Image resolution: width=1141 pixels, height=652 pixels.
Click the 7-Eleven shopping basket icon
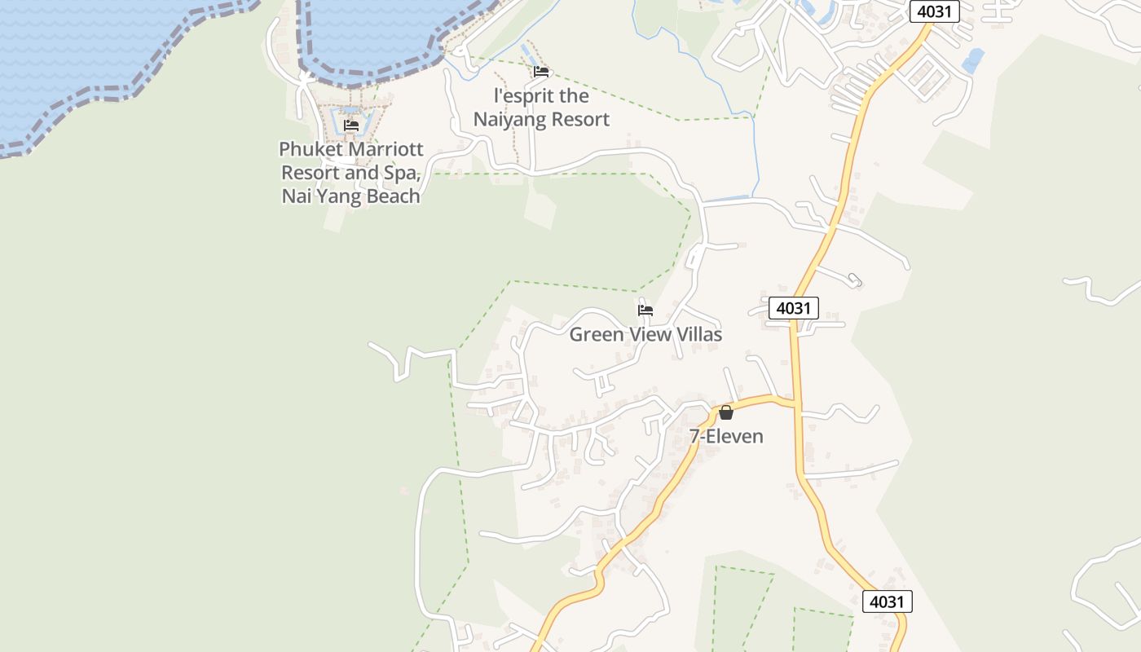click(726, 412)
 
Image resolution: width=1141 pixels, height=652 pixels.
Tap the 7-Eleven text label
click(726, 436)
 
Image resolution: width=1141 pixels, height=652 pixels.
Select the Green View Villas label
click(645, 334)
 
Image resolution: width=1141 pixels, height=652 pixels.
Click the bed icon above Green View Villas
click(645, 310)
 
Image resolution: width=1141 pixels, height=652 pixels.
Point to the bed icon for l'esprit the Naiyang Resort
click(541, 72)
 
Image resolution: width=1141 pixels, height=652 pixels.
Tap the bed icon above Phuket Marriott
click(351, 126)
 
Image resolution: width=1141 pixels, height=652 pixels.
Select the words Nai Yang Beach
click(351, 196)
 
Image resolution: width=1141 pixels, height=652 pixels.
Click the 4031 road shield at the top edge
click(934, 11)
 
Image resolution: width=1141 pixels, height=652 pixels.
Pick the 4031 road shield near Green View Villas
click(794, 308)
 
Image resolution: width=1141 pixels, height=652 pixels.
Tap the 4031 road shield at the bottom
click(887, 601)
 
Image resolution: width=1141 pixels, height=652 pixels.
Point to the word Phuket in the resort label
click(309, 150)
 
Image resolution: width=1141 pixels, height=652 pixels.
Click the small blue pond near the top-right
click(973, 59)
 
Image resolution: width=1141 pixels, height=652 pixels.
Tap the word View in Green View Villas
click(647, 334)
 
